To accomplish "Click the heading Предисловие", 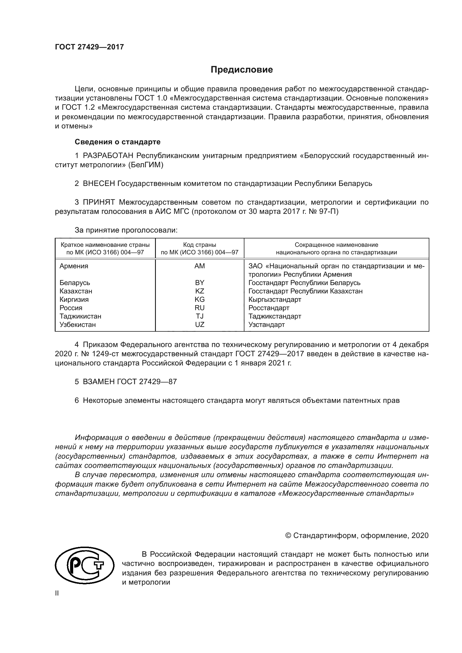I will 242,70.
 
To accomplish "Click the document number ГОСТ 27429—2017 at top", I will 89,47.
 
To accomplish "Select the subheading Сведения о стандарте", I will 118,142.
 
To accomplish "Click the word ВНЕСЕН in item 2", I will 99,184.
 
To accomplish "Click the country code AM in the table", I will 199,266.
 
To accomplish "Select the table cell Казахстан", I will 76,291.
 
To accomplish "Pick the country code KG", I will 199,300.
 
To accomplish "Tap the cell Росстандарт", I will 268,308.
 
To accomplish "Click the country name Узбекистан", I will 77,325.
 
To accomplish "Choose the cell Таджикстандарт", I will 275,316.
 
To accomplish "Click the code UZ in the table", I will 199,325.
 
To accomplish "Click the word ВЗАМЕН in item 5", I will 99,382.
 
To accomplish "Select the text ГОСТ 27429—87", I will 147,382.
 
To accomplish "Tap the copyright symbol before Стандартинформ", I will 288,535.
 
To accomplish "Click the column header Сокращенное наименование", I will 336,245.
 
